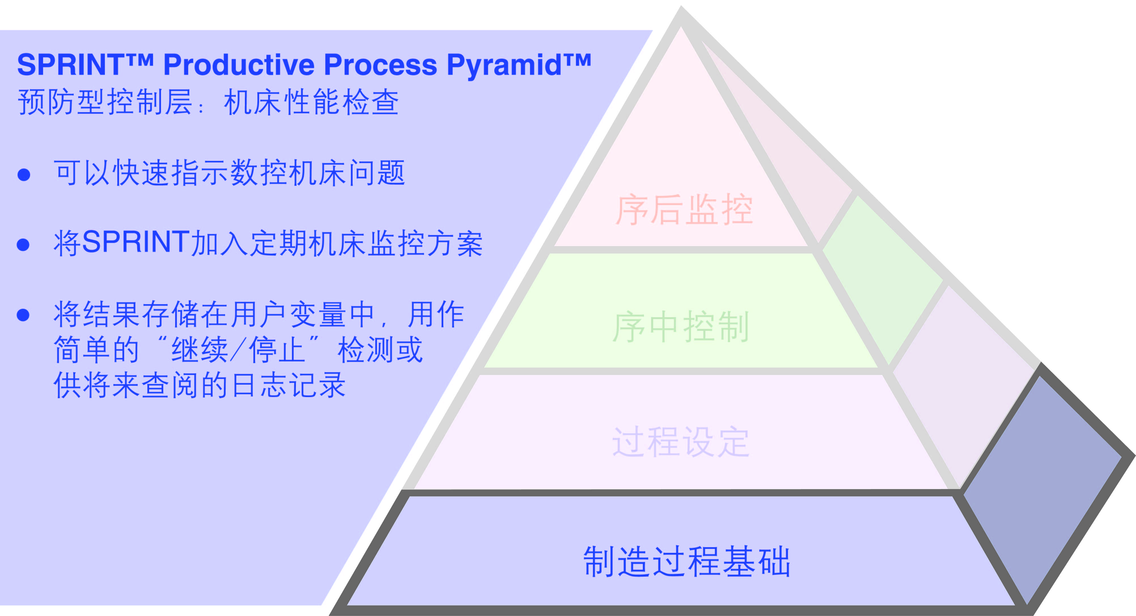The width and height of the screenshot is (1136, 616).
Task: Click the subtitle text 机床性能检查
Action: (x=311, y=102)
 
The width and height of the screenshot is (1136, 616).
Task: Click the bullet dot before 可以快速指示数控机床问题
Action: (x=24, y=174)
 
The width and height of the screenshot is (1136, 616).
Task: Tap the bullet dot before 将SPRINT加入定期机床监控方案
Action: (x=23, y=244)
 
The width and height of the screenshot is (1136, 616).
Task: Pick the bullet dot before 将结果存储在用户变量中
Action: (x=23, y=315)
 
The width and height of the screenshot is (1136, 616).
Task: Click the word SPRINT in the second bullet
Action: (x=136, y=242)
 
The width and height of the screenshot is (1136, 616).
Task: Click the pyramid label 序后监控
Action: (x=684, y=210)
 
